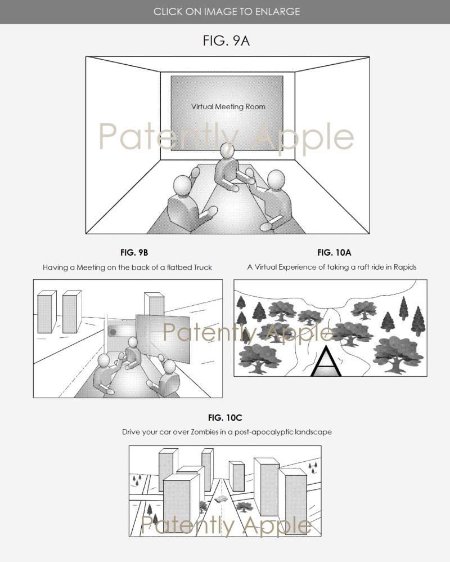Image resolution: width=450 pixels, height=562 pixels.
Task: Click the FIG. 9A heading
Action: click(226, 41)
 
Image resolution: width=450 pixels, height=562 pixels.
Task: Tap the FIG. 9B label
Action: click(134, 253)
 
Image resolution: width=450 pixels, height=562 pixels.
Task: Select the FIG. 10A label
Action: click(334, 253)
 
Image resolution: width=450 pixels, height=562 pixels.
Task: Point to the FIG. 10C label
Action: click(225, 418)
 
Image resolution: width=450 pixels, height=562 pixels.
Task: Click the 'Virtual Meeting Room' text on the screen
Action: click(228, 107)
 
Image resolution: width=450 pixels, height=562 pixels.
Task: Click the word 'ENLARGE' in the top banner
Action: click(277, 11)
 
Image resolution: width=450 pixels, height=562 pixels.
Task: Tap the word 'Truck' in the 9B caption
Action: click(202, 267)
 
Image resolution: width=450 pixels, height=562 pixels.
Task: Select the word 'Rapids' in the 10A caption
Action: click(405, 267)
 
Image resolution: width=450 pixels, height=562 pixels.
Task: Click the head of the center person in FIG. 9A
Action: click(227, 150)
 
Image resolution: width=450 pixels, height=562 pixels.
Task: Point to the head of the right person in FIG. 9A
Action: click(276, 179)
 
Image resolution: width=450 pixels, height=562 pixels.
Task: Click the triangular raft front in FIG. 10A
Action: click(326, 362)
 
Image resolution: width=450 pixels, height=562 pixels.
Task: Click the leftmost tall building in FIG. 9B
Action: click(47, 312)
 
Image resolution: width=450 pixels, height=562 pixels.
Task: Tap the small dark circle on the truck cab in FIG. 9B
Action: click(112, 332)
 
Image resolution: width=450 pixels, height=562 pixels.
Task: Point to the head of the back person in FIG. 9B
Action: click(133, 342)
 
